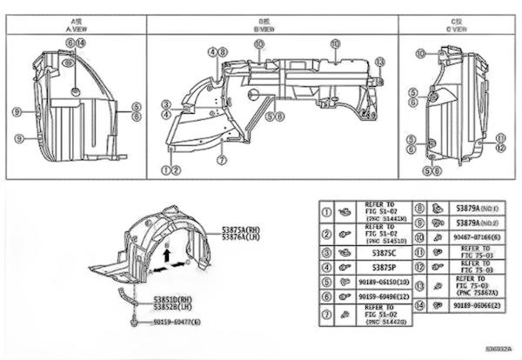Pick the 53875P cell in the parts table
coord(378,267)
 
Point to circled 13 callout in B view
coord(379,61)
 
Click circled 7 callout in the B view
coord(222,160)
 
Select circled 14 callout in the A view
coord(81,43)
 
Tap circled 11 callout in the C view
coord(500,137)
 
